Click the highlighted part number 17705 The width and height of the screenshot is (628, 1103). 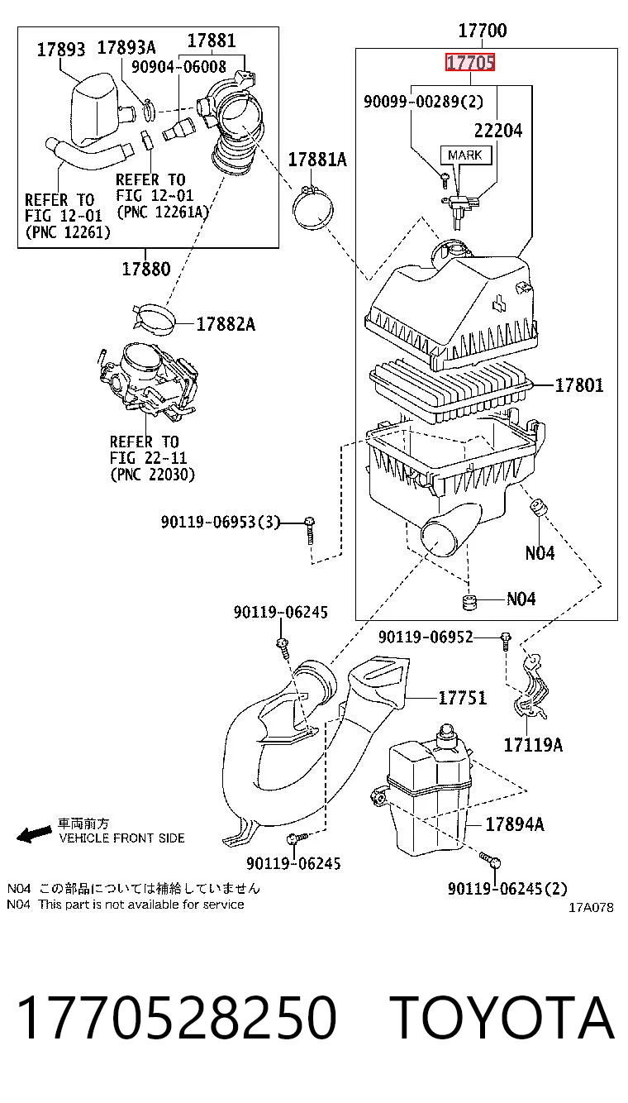coord(470,63)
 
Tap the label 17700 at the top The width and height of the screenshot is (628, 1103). coord(483,31)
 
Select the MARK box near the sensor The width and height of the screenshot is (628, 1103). coord(465,155)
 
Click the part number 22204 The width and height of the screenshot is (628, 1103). coord(498,131)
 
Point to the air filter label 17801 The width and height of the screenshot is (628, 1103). coord(578,385)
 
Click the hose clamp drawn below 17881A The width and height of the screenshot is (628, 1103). coord(312,207)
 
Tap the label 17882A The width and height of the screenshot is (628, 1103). coord(226,324)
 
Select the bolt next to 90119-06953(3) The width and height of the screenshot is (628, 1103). coord(310,530)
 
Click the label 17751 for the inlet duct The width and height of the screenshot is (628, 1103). coord(462,697)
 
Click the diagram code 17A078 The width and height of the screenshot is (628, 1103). coord(591,907)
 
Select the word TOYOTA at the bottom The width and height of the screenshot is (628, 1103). coord(503,1017)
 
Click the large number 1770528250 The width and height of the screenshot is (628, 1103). coord(177,1017)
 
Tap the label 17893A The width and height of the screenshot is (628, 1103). coord(126,48)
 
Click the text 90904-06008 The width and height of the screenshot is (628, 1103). coord(178,67)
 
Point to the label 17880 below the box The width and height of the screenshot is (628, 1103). coord(146,269)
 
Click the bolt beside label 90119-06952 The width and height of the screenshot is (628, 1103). coord(506,641)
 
